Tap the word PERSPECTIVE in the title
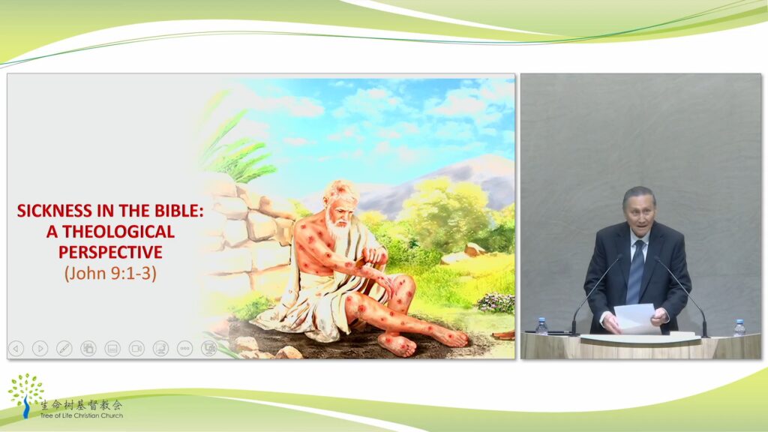[x=111, y=252]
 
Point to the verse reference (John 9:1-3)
[x=111, y=273]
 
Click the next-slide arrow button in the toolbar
[x=40, y=348]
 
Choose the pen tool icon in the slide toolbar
[x=64, y=348]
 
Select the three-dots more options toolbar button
[x=184, y=348]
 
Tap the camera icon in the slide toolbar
[x=136, y=348]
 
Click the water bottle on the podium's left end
[x=541, y=327]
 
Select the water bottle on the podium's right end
[x=739, y=328]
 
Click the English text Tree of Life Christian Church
[x=81, y=415]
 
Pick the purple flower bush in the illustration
[x=496, y=303]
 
